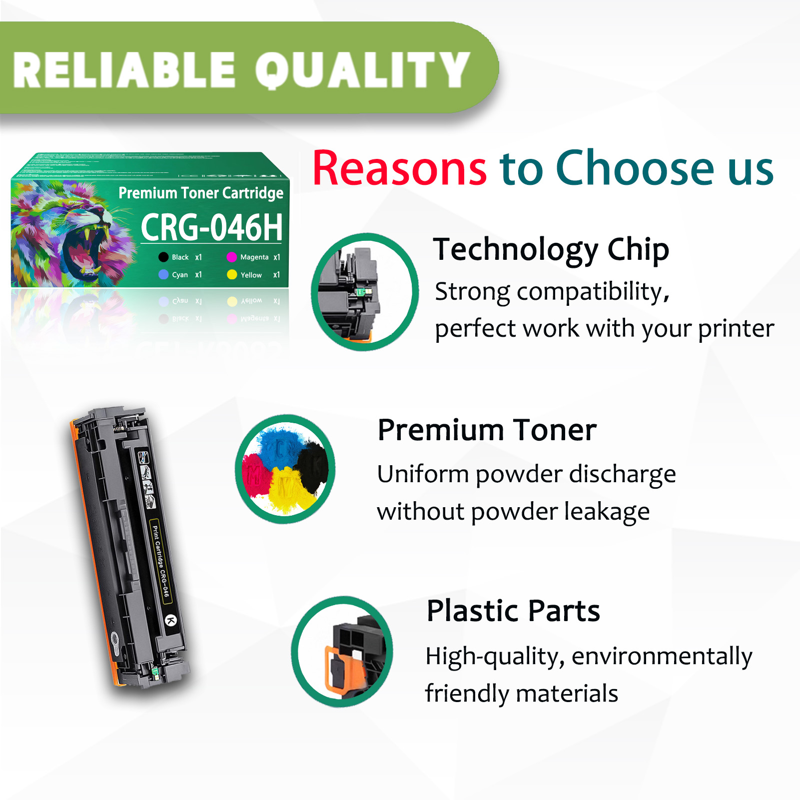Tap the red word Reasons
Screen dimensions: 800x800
tap(399, 168)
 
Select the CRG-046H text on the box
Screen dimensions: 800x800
tap(211, 227)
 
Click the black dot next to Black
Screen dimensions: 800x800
tap(163, 257)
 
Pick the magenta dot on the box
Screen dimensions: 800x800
tap(231, 257)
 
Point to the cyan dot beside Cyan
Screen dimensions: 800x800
tap(163, 274)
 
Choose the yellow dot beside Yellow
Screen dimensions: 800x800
tap(232, 274)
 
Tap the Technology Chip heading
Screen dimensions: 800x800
tap(551, 249)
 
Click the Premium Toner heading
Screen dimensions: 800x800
tap(487, 430)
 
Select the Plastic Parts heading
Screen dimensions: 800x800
tap(513, 611)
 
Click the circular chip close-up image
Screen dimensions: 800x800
tap(364, 292)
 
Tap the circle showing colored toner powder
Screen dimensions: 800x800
tap(285, 469)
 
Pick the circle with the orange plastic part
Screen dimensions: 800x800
tap(342, 651)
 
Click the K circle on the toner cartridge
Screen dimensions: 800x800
tap(171, 621)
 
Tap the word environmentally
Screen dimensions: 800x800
tap(662, 657)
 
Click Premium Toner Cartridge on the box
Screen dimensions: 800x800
tap(201, 193)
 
